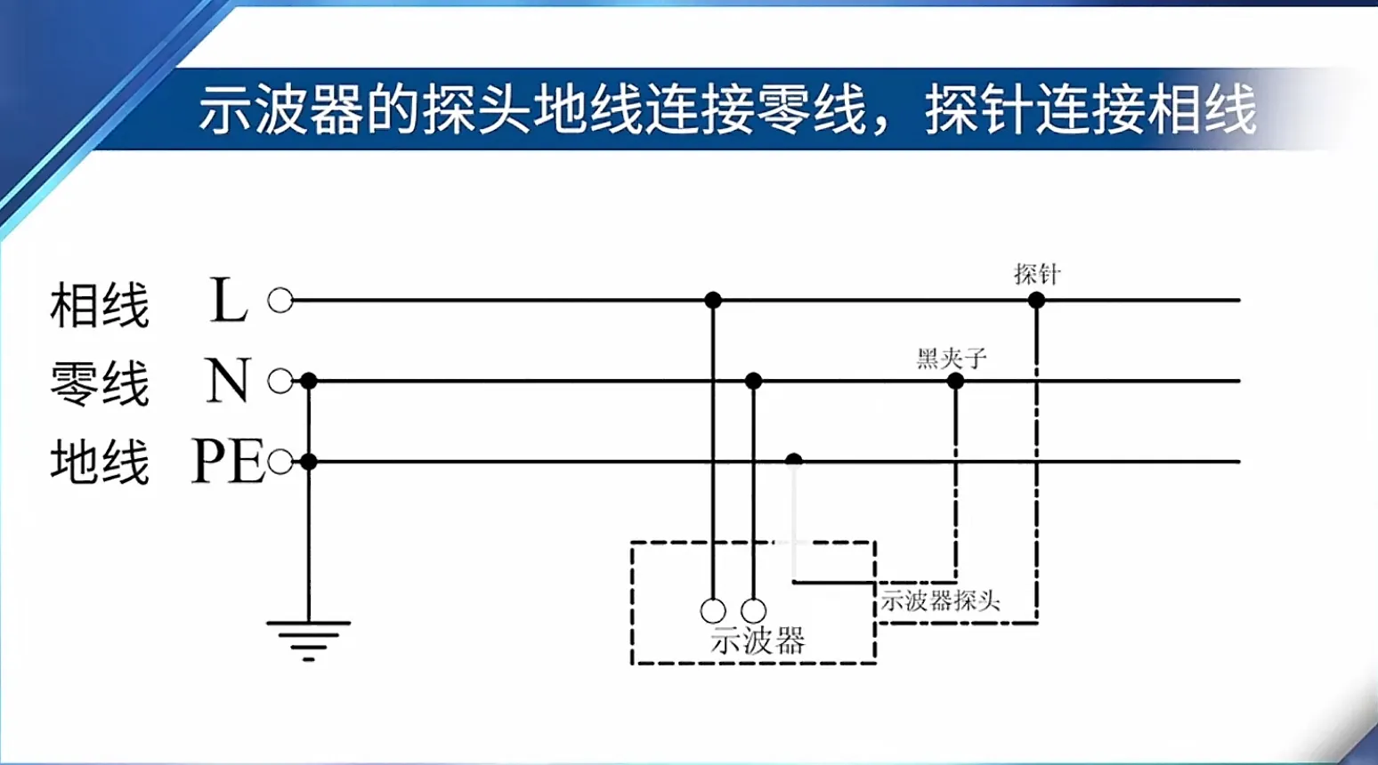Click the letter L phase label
[228, 300]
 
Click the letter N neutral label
[228, 380]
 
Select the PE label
[228, 461]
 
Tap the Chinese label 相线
[100, 304]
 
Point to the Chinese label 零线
[100, 383]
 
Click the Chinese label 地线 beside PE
[100, 462]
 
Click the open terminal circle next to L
[280, 300]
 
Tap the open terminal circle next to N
[280, 382]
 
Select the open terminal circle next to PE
[280, 461]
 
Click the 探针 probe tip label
[1037, 274]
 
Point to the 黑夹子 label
[952, 358]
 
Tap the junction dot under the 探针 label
[1036, 300]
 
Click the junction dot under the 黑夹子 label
[955, 382]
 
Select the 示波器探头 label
[940, 600]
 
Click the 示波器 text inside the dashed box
[758, 640]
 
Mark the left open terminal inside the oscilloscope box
[713, 611]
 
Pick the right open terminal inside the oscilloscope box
[754, 611]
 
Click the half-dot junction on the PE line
[794, 459]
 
